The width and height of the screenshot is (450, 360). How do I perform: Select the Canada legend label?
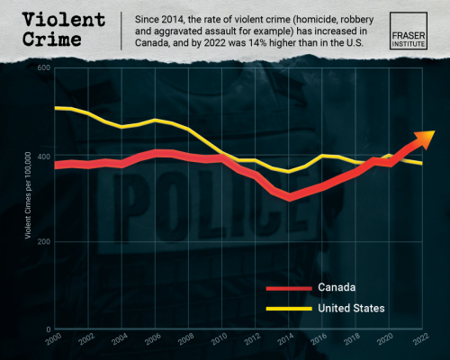337,288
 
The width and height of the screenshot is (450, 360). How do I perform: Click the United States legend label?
352,308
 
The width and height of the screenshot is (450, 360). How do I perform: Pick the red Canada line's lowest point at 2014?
289,196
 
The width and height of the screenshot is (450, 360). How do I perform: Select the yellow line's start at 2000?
56,108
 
